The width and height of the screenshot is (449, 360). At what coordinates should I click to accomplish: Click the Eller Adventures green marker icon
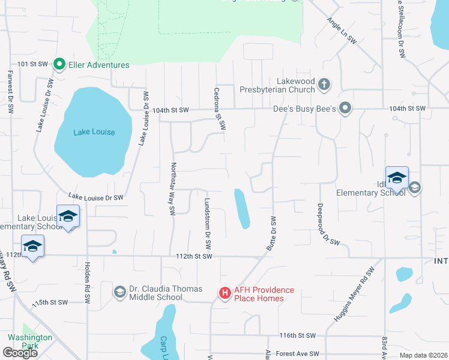pyautogui.click(x=59, y=65)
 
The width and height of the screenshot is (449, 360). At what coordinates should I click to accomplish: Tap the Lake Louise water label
pyautogui.click(x=94, y=132)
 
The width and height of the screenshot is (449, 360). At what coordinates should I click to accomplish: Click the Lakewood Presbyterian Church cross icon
pyautogui.click(x=324, y=84)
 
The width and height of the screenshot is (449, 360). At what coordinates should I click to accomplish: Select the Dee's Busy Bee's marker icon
pyautogui.click(x=345, y=109)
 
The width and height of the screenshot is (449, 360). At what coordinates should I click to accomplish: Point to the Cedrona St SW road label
pyautogui.click(x=219, y=109)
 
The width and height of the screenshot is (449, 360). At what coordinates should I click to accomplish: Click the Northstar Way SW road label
pyautogui.click(x=173, y=189)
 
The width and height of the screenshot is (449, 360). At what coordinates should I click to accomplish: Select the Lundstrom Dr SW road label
pyautogui.click(x=208, y=224)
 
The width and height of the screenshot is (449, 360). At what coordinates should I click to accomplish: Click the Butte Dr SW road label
pyautogui.click(x=271, y=234)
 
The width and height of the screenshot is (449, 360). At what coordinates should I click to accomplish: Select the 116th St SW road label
pyautogui.click(x=297, y=335)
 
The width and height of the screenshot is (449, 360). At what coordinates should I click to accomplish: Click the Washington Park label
pyautogui.click(x=30, y=341)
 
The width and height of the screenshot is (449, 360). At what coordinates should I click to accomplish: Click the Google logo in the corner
pyautogui.click(x=20, y=353)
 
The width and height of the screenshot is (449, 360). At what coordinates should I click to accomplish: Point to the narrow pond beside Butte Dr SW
pyautogui.click(x=242, y=209)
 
